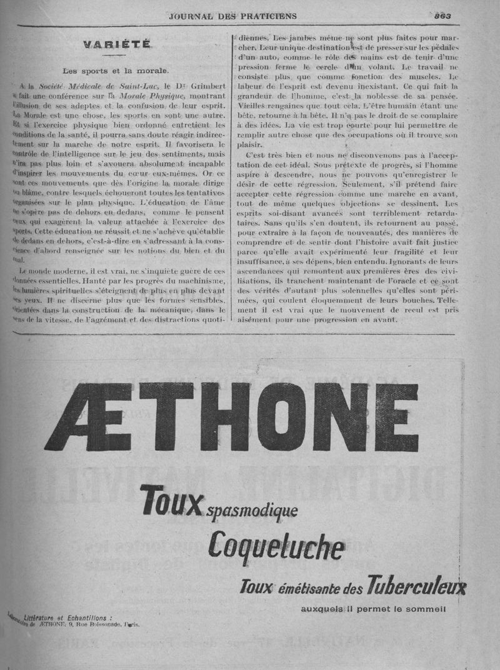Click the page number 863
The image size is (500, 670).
(443, 16)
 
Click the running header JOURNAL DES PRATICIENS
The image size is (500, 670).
(232, 16)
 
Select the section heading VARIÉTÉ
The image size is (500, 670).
(117, 44)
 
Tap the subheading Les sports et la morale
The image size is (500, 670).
(116, 70)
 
